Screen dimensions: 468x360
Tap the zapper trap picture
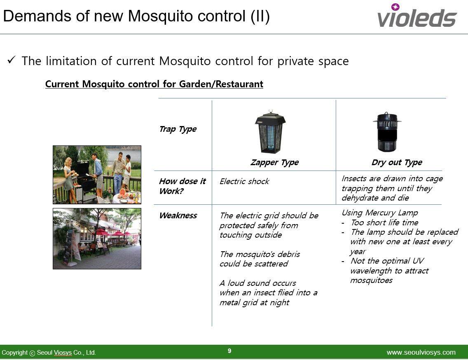click(270, 132)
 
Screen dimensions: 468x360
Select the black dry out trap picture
click(387, 132)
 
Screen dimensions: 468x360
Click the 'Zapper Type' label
click(275, 162)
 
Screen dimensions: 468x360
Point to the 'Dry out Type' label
click(397, 162)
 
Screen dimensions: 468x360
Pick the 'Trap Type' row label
click(178, 129)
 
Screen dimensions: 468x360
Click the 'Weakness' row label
click(178, 215)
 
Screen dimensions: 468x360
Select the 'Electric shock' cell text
click(244, 181)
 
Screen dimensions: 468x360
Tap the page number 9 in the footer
click(229, 351)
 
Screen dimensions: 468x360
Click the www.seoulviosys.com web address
click(421, 353)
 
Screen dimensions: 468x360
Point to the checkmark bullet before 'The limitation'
click(12, 60)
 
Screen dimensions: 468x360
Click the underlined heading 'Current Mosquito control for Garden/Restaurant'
click(154, 84)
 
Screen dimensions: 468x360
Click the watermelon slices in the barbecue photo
click(123, 194)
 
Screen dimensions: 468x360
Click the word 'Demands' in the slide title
click(37, 16)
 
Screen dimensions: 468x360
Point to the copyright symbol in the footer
click(32, 353)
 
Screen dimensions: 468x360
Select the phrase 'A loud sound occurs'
click(258, 283)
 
